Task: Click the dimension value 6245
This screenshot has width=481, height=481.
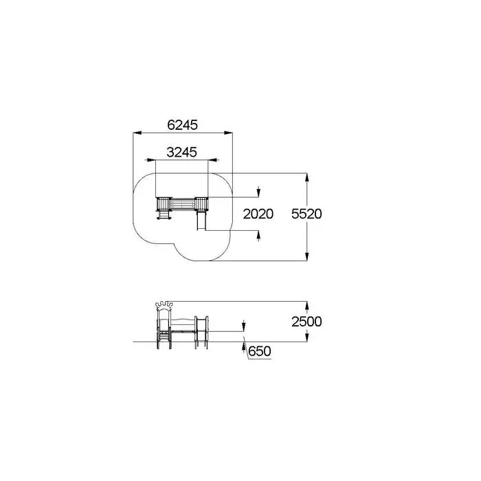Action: [x=183, y=125]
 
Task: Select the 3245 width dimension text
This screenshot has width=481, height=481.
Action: [x=181, y=152]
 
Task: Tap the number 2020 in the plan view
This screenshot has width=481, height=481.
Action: [x=258, y=214]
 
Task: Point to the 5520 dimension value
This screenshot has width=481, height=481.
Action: [x=306, y=214]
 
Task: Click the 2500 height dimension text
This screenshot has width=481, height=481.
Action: [x=306, y=322]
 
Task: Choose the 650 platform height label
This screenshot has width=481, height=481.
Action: [x=260, y=351]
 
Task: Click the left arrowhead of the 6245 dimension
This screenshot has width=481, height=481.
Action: [x=137, y=133]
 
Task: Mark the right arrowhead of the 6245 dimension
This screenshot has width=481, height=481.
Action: [x=228, y=133]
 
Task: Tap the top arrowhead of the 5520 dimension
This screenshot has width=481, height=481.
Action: [x=307, y=177]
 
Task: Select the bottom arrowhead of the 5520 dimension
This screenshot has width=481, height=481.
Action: [x=307, y=256]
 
